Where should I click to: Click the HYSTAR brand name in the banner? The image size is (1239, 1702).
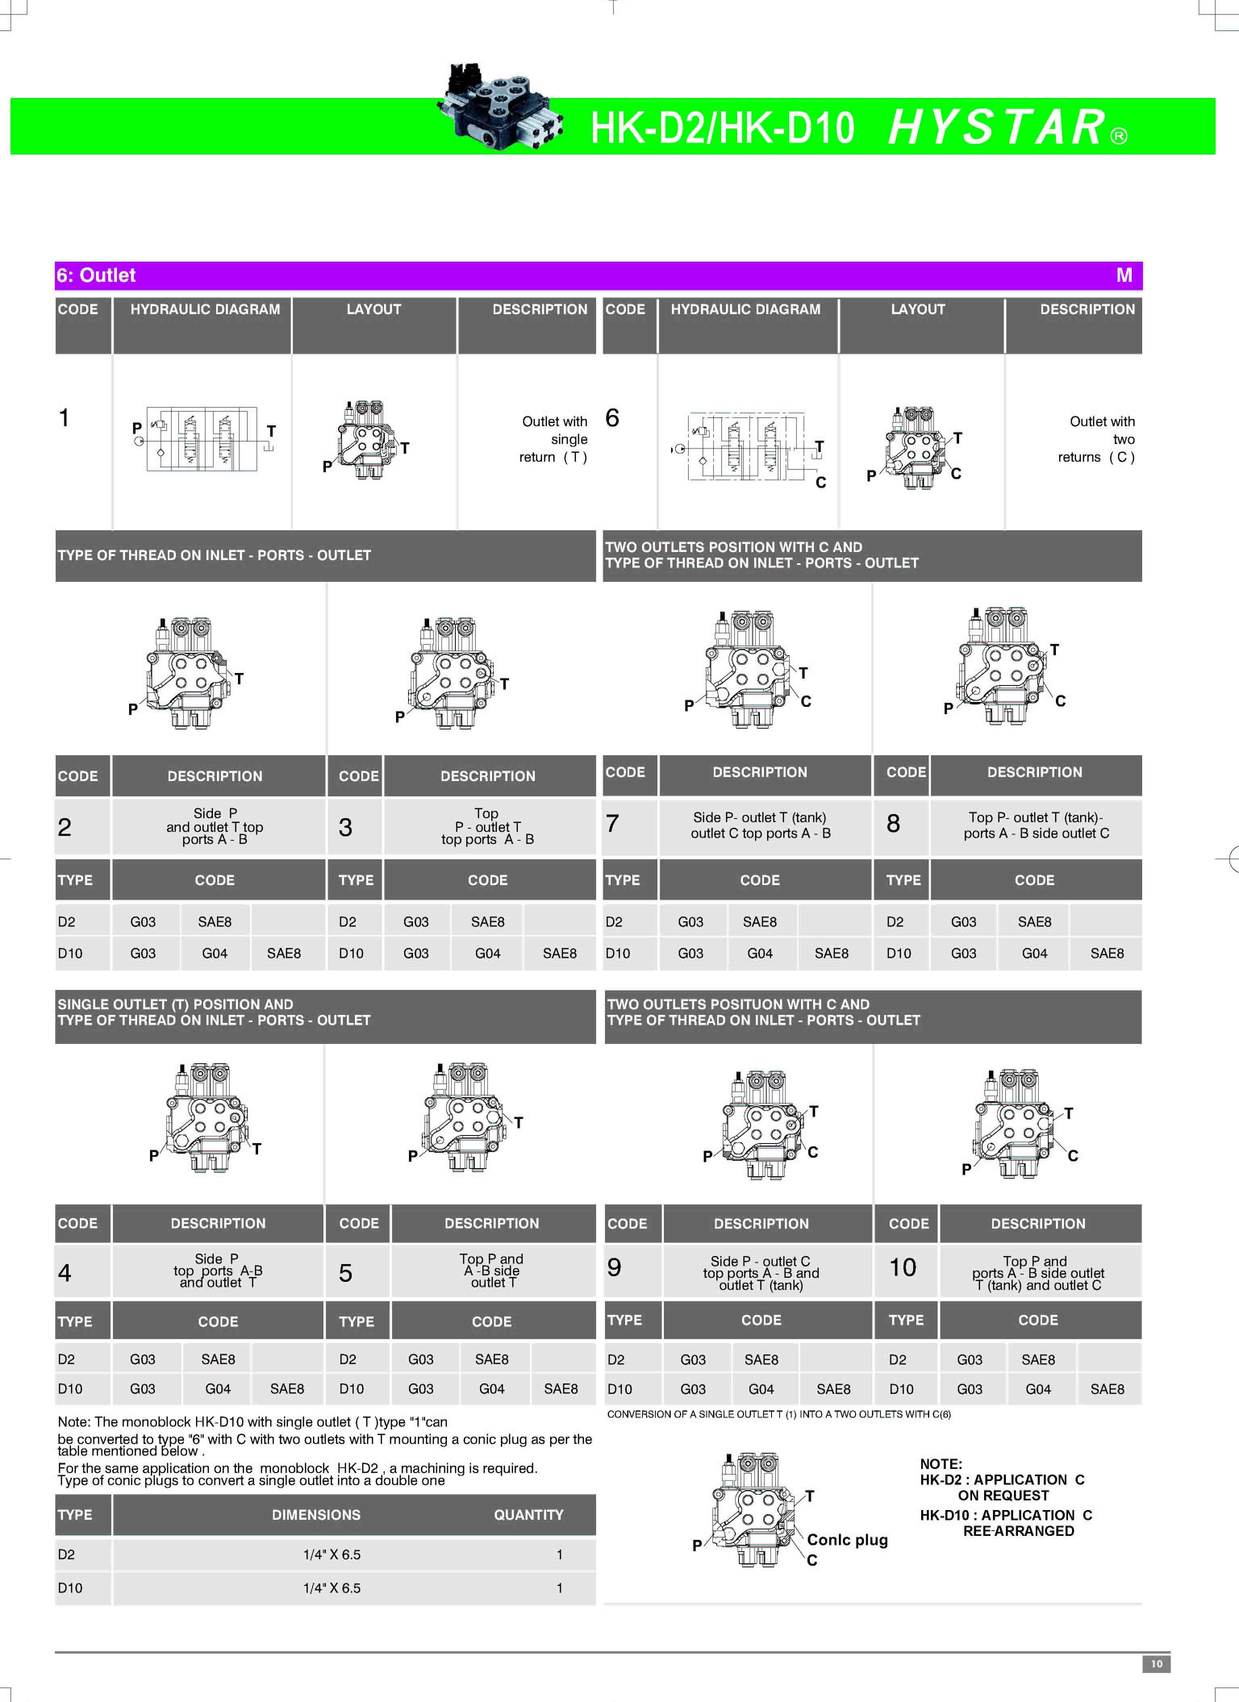[998, 127]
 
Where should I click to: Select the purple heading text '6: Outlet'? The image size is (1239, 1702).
[96, 275]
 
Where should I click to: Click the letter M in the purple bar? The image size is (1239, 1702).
[1123, 275]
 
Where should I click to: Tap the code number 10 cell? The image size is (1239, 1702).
[903, 1267]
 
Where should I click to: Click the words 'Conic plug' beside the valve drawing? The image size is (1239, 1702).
[847, 1540]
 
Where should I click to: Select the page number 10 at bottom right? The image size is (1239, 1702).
[1156, 1664]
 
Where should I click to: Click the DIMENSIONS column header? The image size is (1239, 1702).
[316, 1515]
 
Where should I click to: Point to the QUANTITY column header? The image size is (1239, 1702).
[528, 1515]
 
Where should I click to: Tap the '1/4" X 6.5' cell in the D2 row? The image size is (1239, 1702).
[332, 1555]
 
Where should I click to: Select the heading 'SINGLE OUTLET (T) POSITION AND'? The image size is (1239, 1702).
[175, 1004]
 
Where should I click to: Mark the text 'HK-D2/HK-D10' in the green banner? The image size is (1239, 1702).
[722, 127]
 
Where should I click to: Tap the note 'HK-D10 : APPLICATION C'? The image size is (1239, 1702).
[1005, 1515]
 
